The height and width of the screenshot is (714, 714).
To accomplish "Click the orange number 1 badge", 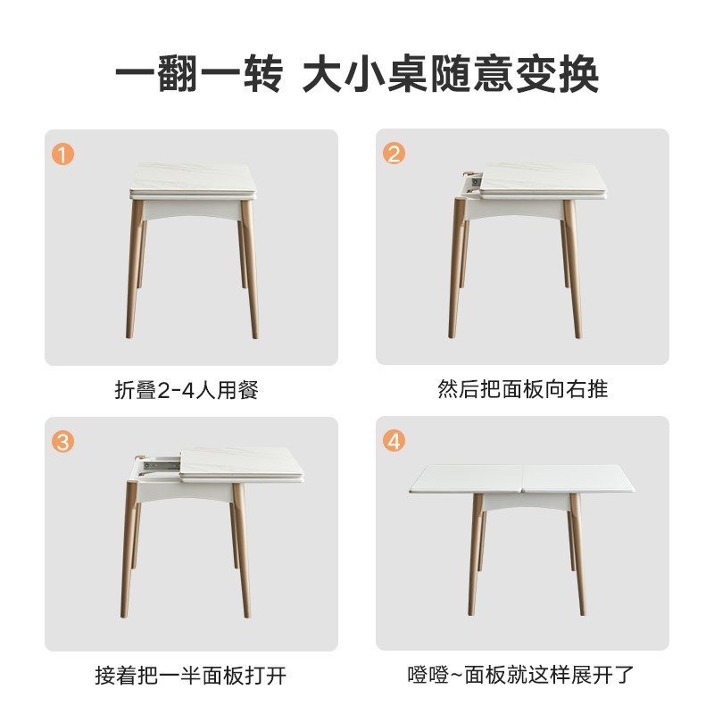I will tap(62, 154).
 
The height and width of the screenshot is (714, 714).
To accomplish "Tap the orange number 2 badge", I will tap(394, 154).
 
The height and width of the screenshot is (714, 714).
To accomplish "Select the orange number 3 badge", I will tap(62, 442).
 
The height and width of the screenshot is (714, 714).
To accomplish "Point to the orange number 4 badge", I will tap(394, 442).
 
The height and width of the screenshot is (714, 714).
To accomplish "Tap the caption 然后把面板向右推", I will tap(523, 390).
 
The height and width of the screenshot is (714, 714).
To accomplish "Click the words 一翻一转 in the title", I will tap(198, 75).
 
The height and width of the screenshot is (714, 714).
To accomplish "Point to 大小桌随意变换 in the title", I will tap(450, 75).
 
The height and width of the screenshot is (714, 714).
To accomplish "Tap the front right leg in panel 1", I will tap(249, 268).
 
